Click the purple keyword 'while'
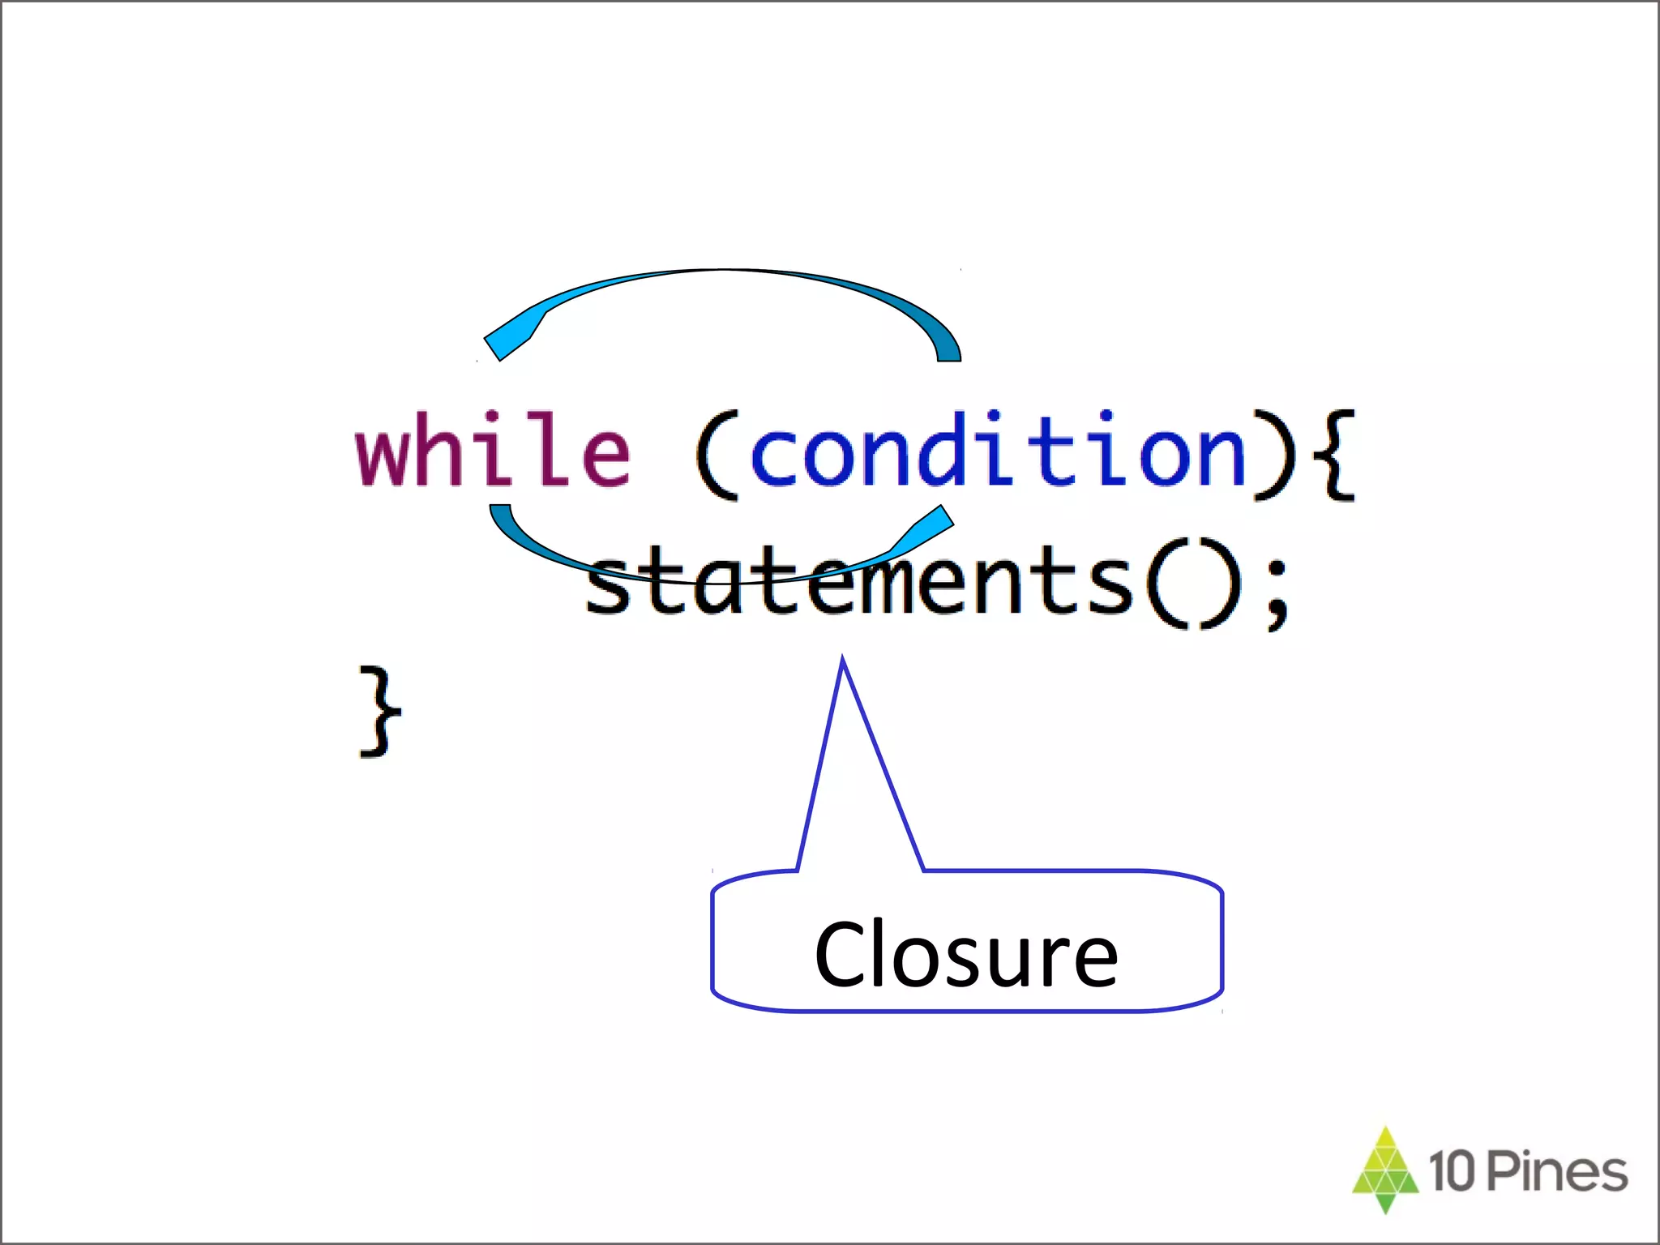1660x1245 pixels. (493, 450)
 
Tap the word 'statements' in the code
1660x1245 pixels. (859, 580)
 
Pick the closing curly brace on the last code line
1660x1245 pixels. (379, 712)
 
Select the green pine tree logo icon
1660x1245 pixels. (1385, 1170)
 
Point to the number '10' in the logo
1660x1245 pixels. (1453, 1171)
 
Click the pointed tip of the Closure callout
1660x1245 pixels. (843, 661)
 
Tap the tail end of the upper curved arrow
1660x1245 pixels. (948, 353)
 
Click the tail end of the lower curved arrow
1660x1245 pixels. (501, 512)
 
